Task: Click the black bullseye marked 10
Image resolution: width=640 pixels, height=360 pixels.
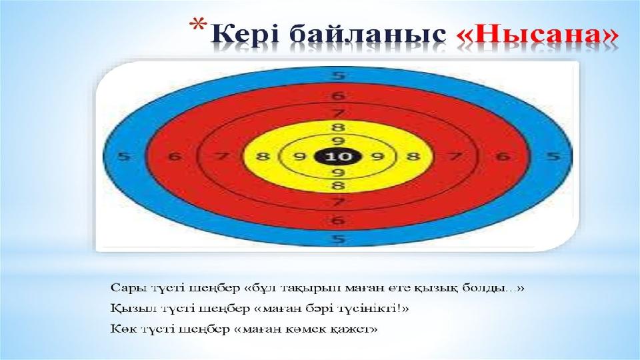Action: point(339,156)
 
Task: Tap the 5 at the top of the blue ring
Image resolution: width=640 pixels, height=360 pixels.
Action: point(338,75)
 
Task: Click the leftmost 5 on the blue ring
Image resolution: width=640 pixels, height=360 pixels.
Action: point(123,156)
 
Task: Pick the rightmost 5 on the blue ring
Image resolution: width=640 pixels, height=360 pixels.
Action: point(553,156)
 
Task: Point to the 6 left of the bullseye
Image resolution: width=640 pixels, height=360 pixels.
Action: point(175,156)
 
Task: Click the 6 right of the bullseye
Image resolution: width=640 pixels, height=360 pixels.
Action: point(503,156)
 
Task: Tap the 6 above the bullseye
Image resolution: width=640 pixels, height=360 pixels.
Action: point(338,96)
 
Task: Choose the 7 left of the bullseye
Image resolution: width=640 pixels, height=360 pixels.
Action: point(221,156)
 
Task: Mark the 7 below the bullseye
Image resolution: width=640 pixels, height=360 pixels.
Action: point(338,202)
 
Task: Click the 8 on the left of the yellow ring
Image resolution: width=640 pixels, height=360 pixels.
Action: point(263,156)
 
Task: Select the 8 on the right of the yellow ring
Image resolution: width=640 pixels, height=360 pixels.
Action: point(413,156)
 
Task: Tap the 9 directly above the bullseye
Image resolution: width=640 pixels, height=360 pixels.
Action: point(338,141)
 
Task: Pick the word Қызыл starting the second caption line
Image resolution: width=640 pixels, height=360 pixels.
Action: point(129,309)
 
